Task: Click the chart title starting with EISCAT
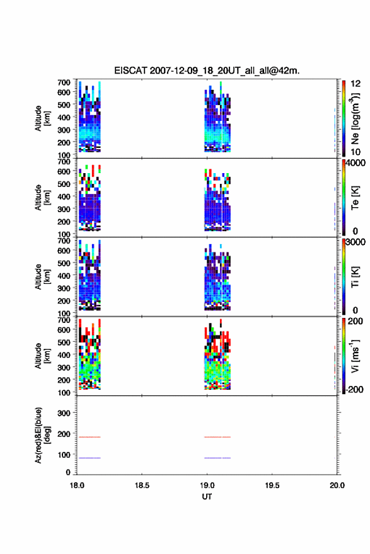coord(207,71)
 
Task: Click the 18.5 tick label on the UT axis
coord(142,485)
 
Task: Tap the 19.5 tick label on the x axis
coord(272,485)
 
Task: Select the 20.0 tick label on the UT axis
coord(337,485)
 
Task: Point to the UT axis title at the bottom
coord(207,497)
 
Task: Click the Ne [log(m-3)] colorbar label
coord(355,118)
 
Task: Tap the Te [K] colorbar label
coord(355,198)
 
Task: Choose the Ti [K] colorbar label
coord(355,277)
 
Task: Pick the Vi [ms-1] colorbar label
coord(355,356)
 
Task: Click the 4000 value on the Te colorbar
coord(356,163)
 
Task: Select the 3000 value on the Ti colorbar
coord(356,242)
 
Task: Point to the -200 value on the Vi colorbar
coord(354,389)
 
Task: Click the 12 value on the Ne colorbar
coord(356,84)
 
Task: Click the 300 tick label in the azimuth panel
coord(64,413)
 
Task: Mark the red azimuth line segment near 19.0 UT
coord(217,437)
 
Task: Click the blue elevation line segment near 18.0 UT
coord(90,458)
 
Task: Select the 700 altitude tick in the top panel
coord(64,82)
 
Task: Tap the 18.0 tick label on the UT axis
coord(77,485)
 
